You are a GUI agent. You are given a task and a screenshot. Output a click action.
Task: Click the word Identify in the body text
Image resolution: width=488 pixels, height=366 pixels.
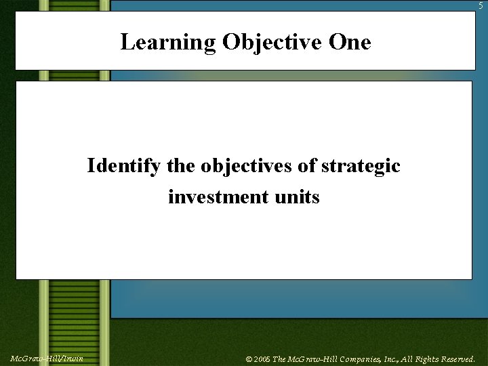[123, 166]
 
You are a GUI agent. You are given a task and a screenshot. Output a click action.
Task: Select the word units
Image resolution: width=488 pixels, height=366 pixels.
[297, 197]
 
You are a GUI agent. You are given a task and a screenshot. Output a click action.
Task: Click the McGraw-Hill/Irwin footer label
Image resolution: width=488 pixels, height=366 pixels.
[46, 358]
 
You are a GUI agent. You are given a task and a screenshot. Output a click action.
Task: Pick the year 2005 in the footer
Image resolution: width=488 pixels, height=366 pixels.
[261, 359]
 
